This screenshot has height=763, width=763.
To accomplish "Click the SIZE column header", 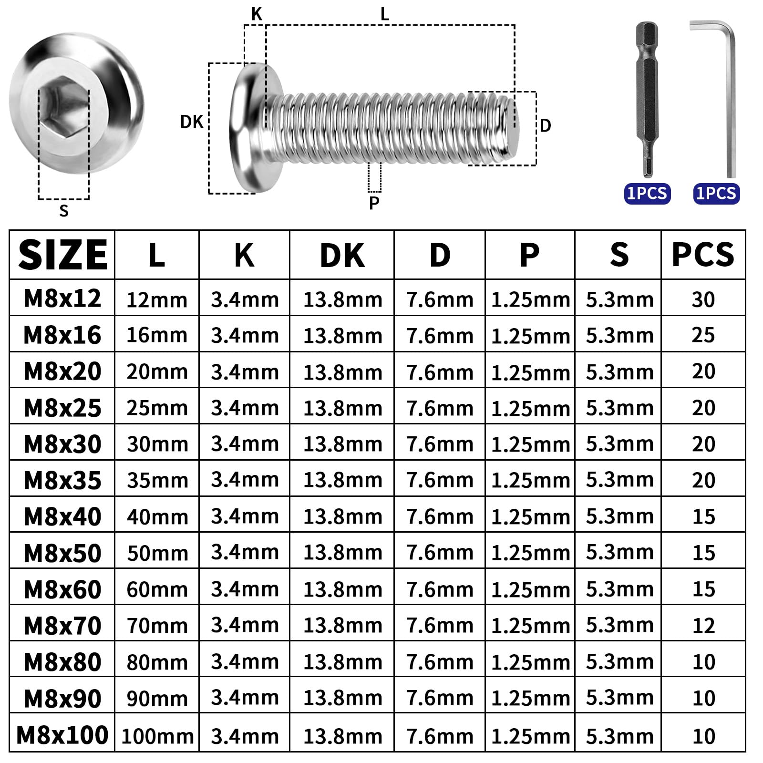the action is pyautogui.click(x=62, y=255).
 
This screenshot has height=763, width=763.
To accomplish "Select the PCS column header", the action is pyautogui.click(x=703, y=255).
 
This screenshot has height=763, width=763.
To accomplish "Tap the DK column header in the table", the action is pyautogui.click(x=342, y=256).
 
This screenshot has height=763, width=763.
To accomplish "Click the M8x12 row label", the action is pyautogui.click(x=62, y=299).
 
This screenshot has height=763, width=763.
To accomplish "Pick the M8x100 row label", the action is pyautogui.click(x=62, y=735).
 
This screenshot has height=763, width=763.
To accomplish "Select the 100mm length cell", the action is pyautogui.click(x=157, y=736).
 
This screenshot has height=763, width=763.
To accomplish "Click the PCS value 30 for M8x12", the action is pyautogui.click(x=703, y=299).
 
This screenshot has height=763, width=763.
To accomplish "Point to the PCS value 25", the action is pyautogui.click(x=703, y=335).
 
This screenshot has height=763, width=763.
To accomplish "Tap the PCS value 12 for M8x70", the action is pyautogui.click(x=704, y=626).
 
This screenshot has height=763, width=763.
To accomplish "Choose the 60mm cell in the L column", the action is pyautogui.click(x=157, y=590).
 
